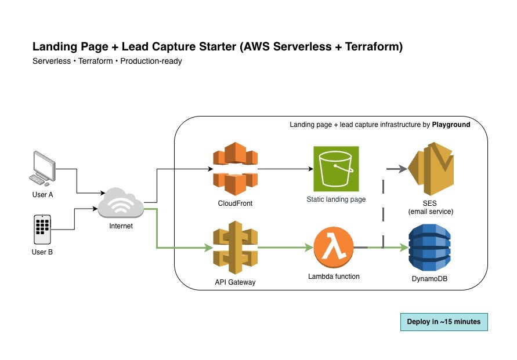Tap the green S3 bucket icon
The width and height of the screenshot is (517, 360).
336,168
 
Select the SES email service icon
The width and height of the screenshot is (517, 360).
431,171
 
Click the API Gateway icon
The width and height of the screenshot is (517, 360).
235,250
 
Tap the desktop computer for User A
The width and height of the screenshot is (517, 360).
44,168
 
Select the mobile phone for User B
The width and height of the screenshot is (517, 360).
42,230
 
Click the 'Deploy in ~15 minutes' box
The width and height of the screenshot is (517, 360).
444,322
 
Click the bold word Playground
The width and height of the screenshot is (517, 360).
451,125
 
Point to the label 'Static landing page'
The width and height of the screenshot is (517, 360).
336,199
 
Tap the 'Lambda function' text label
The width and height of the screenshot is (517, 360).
334,277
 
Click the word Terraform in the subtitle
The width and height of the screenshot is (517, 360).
96,61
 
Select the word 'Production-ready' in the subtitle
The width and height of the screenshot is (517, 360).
151,61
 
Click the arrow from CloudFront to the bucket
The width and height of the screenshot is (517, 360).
284,170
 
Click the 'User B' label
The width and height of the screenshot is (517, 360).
42,252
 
